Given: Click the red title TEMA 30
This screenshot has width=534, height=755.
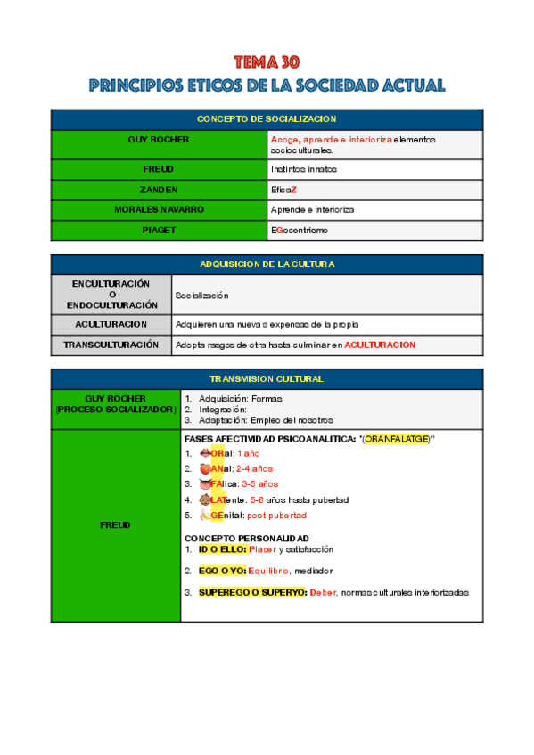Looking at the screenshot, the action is pyautogui.click(x=267, y=61).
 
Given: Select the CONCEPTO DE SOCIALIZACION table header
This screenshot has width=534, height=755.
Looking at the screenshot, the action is pyautogui.click(x=267, y=119).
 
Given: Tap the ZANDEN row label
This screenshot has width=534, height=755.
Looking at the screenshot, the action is pyautogui.click(x=159, y=189).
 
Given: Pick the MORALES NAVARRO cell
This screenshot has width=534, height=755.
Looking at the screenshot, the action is pyautogui.click(x=159, y=209).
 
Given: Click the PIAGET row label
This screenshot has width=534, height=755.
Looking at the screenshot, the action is pyautogui.click(x=159, y=231).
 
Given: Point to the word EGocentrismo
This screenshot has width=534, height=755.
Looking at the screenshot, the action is pyautogui.click(x=300, y=231).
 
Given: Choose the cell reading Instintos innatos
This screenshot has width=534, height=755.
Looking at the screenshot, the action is pyautogui.click(x=304, y=168).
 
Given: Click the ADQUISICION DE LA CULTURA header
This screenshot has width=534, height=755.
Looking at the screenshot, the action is pyautogui.click(x=267, y=264).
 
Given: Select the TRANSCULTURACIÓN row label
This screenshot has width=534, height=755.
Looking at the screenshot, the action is pyautogui.click(x=111, y=345).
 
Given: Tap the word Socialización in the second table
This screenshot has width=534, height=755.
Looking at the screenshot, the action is pyautogui.click(x=202, y=295).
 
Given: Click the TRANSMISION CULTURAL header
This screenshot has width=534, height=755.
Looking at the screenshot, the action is pyautogui.click(x=267, y=379).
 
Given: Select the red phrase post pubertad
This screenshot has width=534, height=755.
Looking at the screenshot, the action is pyautogui.click(x=276, y=516).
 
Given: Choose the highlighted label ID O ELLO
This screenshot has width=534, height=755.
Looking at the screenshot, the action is pyautogui.click(x=222, y=550).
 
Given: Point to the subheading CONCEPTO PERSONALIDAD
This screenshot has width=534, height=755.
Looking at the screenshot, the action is pyautogui.click(x=247, y=539).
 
